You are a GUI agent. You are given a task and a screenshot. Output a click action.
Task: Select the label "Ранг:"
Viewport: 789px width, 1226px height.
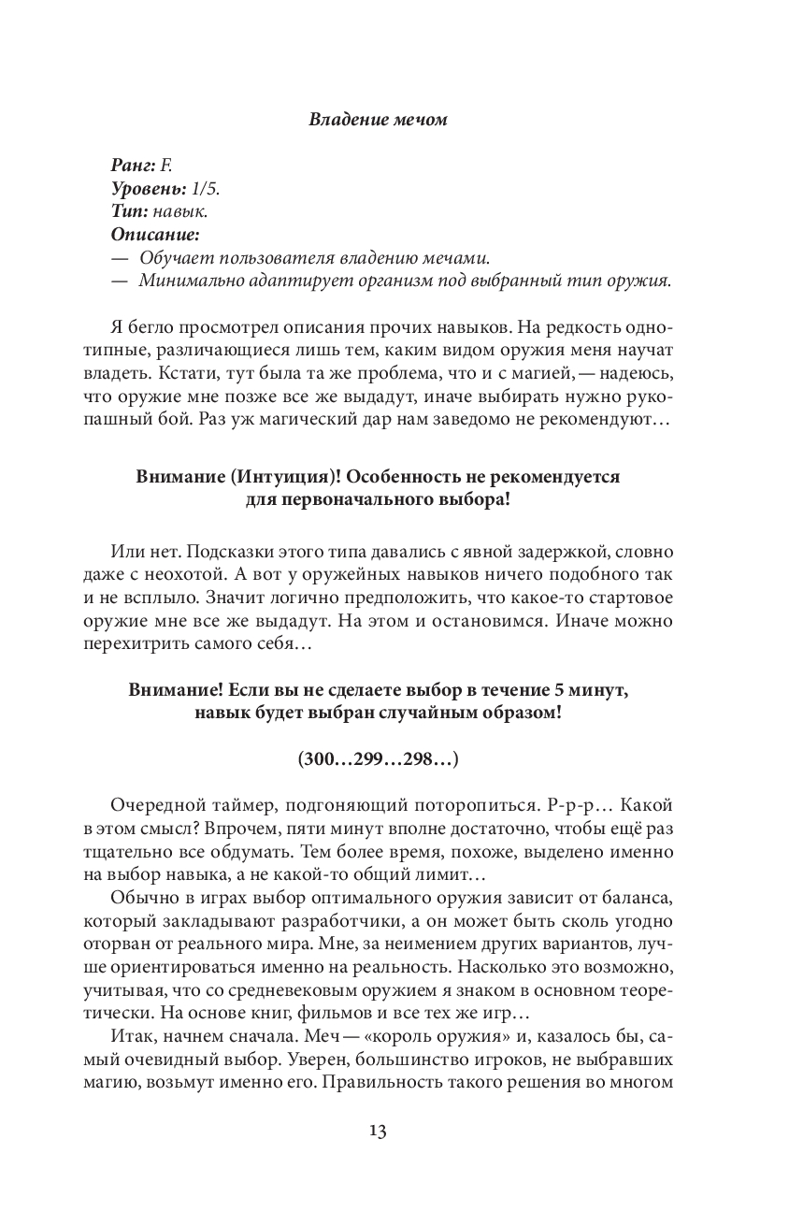coord(134,166)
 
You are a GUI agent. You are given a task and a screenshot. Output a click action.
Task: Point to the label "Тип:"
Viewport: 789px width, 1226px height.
coord(129,211)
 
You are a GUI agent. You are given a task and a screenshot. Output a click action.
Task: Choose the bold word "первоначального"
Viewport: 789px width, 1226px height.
coord(366,499)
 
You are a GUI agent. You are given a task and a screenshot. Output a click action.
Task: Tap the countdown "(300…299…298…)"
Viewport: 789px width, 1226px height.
coord(377,759)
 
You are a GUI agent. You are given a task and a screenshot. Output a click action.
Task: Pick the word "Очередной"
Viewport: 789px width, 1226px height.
coord(153,806)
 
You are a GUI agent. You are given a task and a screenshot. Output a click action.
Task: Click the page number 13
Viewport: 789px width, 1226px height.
coord(377,1131)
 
